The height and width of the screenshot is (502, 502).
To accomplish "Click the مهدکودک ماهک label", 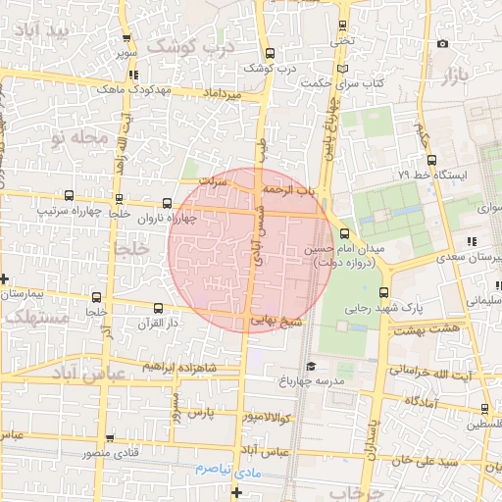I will pyautogui.click(x=134, y=88).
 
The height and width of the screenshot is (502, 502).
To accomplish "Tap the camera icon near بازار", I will pyautogui.click(x=443, y=44).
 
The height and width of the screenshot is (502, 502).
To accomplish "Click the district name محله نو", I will pyautogui.click(x=82, y=138).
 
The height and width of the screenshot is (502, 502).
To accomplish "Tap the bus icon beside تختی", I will pyautogui.click(x=342, y=25).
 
